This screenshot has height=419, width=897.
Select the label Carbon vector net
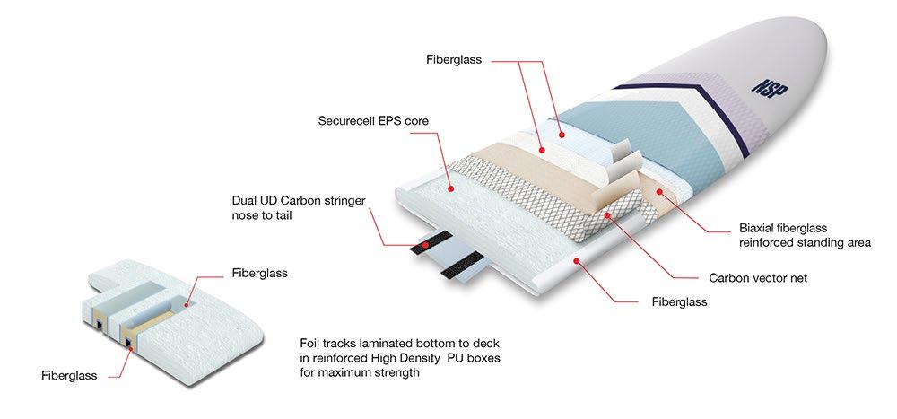757,278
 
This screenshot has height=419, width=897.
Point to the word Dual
245,200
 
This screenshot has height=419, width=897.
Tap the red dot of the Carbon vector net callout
607,215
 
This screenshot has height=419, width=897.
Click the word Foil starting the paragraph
312,343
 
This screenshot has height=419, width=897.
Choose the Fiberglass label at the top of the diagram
454,60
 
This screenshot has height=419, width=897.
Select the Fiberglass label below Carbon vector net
679,302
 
